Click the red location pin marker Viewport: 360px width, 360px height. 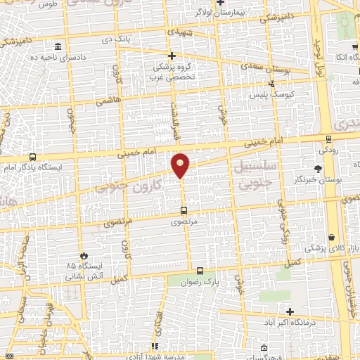point(181,165)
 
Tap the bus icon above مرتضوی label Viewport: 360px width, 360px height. point(184,210)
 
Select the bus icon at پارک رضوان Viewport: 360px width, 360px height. point(200,271)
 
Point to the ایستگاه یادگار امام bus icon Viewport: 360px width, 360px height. point(32,157)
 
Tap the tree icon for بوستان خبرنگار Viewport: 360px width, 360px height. point(318,169)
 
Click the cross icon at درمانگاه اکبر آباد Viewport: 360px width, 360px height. point(289,311)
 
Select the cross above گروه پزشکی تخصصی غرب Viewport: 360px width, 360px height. point(172,55)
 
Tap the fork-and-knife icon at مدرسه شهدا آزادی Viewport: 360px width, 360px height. point(154,346)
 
